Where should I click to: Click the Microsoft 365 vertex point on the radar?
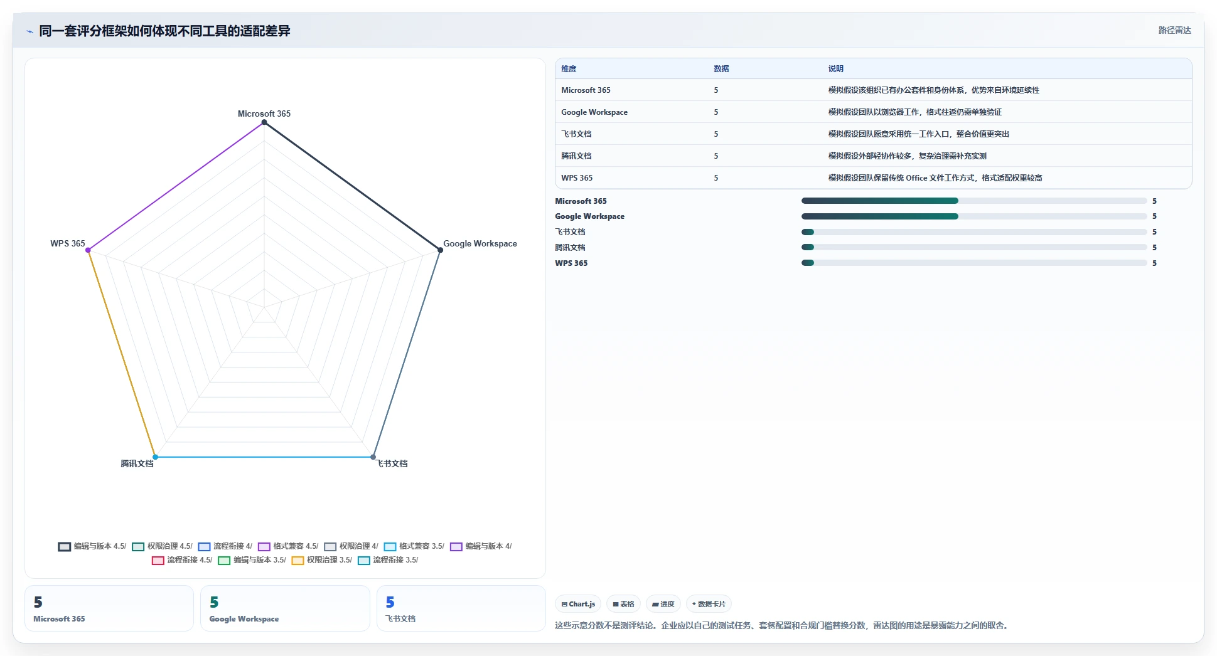pyautogui.click(x=264, y=122)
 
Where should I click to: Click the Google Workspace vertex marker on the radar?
pyautogui.click(x=440, y=250)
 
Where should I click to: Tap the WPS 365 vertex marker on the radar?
pyautogui.click(x=88, y=250)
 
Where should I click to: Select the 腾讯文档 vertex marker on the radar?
pyautogui.click(x=156, y=457)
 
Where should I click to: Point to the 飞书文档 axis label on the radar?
pyautogui.click(x=392, y=463)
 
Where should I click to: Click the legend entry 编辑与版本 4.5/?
pyautogui.click(x=92, y=546)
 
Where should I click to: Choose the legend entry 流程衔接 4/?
pyautogui.click(x=225, y=546)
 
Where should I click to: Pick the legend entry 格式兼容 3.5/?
pyautogui.click(x=414, y=546)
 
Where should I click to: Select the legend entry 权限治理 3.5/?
pyautogui.click(x=322, y=560)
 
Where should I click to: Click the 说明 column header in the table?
pyautogui.click(x=836, y=69)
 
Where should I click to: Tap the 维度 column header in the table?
pyautogui.click(x=569, y=69)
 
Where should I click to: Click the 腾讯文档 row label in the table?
pyautogui.click(x=576, y=156)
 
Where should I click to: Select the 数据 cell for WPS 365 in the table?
pyautogui.click(x=716, y=178)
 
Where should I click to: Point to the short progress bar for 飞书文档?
pyautogui.click(x=808, y=232)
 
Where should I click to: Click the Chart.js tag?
pyautogui.click(x=578, y=604)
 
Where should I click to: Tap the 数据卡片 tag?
pyautogui.click(x=709, y=604)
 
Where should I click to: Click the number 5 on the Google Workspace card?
pyautogui.click(x=214, y=602)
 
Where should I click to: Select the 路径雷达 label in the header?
pyautogui.click(x=1174, y=30)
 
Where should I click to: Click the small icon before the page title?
pyautogui.click(x=29, y=31)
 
